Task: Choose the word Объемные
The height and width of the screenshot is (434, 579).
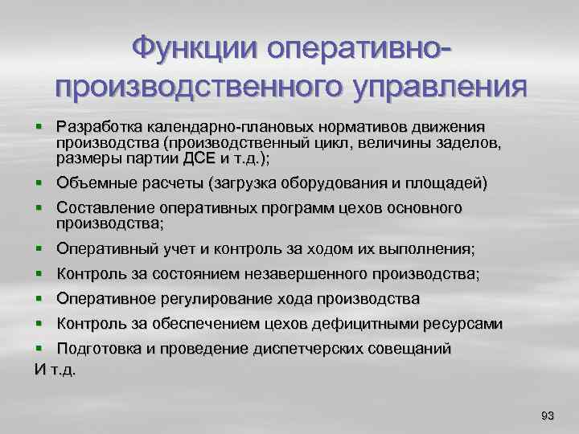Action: (x=89, y=182)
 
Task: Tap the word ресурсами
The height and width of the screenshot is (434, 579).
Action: (x=467, y=324)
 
